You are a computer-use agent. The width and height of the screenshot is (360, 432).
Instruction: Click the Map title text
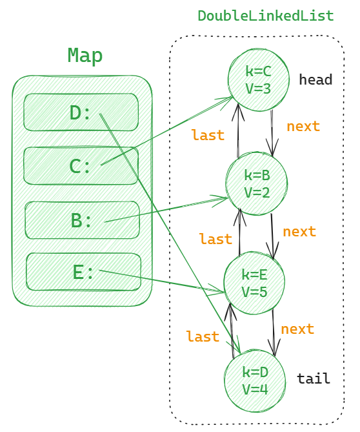pos(85,56)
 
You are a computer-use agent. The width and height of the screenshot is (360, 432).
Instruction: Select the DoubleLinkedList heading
pos(265,16)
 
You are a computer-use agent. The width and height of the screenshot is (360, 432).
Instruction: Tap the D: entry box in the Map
pos(81,112)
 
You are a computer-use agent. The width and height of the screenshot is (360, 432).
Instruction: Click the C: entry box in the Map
pos(81,166)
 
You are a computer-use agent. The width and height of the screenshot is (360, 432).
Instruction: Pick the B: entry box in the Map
pos(82,220)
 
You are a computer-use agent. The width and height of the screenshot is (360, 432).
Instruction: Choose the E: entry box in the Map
pos(84,273)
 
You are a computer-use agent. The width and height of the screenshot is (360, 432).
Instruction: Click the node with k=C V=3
pos(258,79)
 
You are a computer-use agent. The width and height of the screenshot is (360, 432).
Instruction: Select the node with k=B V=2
pos(257,183)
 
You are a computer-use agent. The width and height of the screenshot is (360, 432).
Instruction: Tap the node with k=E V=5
pos(254,283)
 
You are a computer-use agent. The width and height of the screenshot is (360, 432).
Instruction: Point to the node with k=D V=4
pos(254,380)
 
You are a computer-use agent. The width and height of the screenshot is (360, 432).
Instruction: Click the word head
pos(315,80)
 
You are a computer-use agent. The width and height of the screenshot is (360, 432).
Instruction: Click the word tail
pos(314,379)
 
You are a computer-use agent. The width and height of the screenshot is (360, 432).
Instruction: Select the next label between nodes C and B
pos(303,127)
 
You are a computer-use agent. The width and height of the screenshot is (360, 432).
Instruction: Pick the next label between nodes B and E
pos(299,232)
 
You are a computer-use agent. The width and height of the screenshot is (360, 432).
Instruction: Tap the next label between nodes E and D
pos(297,329)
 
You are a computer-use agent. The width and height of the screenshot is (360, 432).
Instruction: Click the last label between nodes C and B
pos(208,136)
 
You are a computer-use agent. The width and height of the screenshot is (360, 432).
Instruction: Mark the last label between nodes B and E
pos(215,240)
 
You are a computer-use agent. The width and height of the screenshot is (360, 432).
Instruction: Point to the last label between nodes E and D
pos(203,337)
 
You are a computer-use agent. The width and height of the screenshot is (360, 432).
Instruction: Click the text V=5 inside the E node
pos(255,291)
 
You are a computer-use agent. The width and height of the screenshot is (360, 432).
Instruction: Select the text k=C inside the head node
pos(258,72)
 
